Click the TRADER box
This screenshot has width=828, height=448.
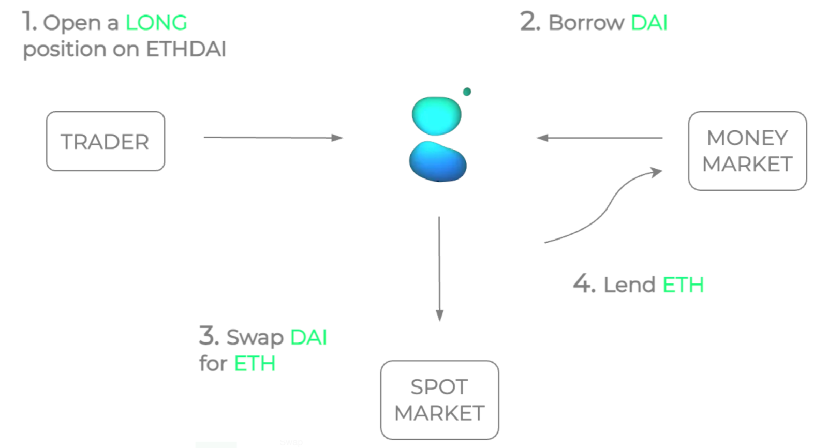106,141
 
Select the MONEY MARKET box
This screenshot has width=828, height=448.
747,151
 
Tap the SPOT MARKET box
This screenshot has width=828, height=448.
439,400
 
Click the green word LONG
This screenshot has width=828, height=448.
156,23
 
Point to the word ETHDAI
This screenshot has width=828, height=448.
186,49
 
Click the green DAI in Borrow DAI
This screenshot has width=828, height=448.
649,23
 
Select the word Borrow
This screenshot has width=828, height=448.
586,23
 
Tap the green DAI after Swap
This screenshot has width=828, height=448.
308,337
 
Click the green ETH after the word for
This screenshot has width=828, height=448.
254,364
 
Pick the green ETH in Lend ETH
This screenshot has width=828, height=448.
683,285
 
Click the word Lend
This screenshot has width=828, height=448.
629,285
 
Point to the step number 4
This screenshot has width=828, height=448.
584,284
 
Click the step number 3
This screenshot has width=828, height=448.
209,336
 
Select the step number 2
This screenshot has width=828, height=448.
530,22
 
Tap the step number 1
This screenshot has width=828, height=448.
29,22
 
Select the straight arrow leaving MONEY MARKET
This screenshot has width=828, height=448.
600,138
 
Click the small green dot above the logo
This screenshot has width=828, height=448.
467,92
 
